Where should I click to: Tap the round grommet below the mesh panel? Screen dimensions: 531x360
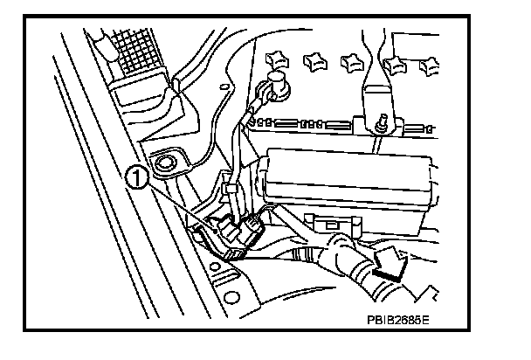pyautogui.click(x=162, y=163)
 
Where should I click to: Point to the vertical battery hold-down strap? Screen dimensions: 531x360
pyautogui.click(x=370, y=70)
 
